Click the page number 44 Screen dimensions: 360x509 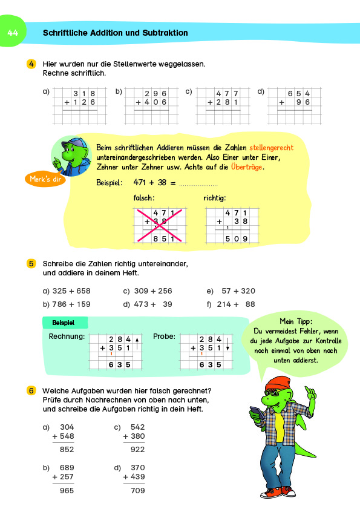13,33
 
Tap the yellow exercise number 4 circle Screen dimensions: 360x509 31,64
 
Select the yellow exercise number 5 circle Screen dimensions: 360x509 31,263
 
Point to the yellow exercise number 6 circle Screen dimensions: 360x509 31,390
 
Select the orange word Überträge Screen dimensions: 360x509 247,168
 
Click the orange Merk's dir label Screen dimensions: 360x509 47,179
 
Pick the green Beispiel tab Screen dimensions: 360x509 65,323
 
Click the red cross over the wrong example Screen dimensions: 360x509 159,225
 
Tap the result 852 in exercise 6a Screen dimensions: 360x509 67,449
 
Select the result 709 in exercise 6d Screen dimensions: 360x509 138,491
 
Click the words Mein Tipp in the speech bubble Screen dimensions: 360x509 294,321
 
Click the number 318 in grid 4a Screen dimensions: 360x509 83,93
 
